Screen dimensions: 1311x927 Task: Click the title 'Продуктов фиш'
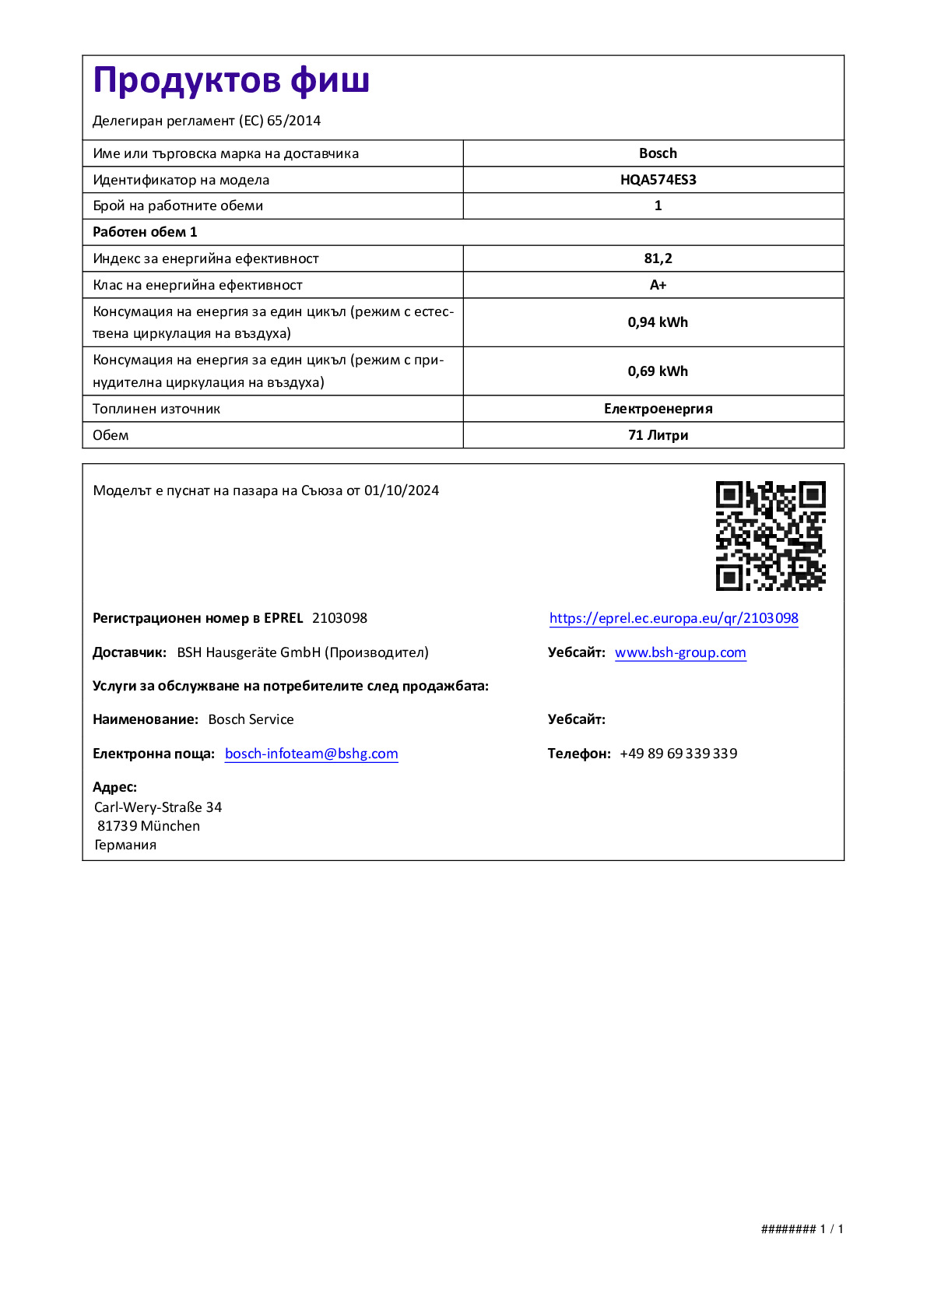231,81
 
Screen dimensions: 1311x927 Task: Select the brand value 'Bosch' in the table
658,153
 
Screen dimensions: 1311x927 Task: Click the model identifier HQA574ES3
658,180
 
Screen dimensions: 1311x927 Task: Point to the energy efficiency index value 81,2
658,258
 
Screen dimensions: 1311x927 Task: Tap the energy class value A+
658,285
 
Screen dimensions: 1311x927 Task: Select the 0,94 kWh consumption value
658,322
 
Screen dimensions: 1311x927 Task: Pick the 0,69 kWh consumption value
658,371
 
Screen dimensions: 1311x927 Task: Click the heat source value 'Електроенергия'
658,409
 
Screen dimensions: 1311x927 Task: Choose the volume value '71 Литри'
658,435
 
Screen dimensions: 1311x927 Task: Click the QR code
771,536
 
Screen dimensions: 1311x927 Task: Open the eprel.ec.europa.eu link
673,618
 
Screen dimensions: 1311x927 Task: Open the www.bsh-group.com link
680,652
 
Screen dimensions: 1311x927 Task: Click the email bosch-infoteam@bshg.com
311,754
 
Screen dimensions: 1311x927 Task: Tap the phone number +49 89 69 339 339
678,754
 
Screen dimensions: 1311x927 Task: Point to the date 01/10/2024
402,490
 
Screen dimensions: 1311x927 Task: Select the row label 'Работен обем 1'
145,232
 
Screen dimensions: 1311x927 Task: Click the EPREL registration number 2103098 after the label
339,618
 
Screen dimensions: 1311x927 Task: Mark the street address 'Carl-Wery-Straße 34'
158,807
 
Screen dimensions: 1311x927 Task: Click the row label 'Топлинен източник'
156,409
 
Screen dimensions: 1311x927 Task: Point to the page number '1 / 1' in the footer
831,1229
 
